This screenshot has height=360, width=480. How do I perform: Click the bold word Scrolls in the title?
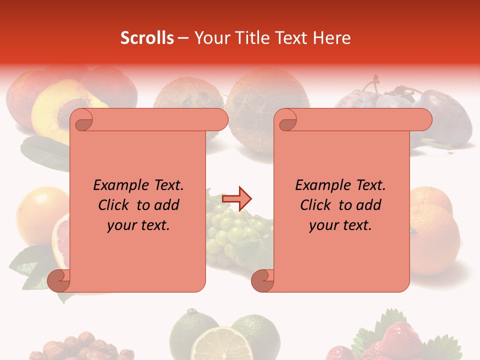[x=147, y=38]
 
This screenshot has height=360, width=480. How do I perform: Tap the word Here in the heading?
[x=332, y=38]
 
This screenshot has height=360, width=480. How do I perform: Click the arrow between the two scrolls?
[x=237, y=198]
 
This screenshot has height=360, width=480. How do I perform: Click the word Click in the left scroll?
[x=113, y=205]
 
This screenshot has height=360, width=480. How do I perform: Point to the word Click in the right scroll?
[x=315, y=205]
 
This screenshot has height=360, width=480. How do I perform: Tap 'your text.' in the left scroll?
[x=138, y=225]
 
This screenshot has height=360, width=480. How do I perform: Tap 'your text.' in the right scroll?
[x=340, y=225]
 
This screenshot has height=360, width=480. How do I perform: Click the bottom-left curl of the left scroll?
[x=59, y=280]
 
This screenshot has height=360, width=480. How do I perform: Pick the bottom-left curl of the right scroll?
[x=262, y=280]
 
